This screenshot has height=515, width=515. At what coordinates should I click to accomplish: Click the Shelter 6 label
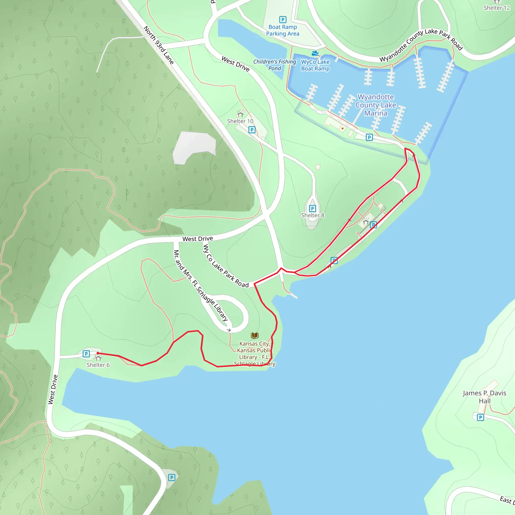click(x=98, y=365)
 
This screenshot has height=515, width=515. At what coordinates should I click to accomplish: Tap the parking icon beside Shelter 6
click(x=86, y=354)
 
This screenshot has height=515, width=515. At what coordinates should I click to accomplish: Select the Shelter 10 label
click(x=240, y=121)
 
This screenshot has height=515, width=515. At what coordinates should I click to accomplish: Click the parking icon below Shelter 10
click(x=252, y=130)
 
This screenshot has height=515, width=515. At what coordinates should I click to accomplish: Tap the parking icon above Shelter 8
click(x=312, y=208)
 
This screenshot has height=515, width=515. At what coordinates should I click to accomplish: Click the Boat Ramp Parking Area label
click(x=283, y=30)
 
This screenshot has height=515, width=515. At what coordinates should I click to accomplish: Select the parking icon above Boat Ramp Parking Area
click(x=283, y=19)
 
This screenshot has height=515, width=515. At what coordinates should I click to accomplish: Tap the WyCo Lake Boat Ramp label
click(x=315, y=65)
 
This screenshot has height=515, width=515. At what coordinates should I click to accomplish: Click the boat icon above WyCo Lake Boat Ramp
click(x=315, y=53)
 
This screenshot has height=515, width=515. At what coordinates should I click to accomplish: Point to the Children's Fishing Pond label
click(x=275, y=65)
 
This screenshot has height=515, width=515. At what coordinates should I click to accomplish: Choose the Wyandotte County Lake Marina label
click(x=376, y=105)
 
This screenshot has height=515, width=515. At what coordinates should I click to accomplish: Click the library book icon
click(x=254, y=335)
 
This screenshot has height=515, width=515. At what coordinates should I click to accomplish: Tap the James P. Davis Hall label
click(x=484, y=397)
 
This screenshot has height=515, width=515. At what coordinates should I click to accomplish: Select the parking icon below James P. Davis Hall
click(x=480, y=417)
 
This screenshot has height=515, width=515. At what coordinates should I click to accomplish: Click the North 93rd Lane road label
click(x=159, y=45)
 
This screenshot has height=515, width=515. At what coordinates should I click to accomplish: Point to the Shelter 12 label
click(x=497, y=8)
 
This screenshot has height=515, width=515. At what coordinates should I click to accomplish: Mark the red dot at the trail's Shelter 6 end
click(x=98, y=353)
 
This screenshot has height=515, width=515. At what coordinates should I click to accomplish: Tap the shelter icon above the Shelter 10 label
click(x=240, y=114)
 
